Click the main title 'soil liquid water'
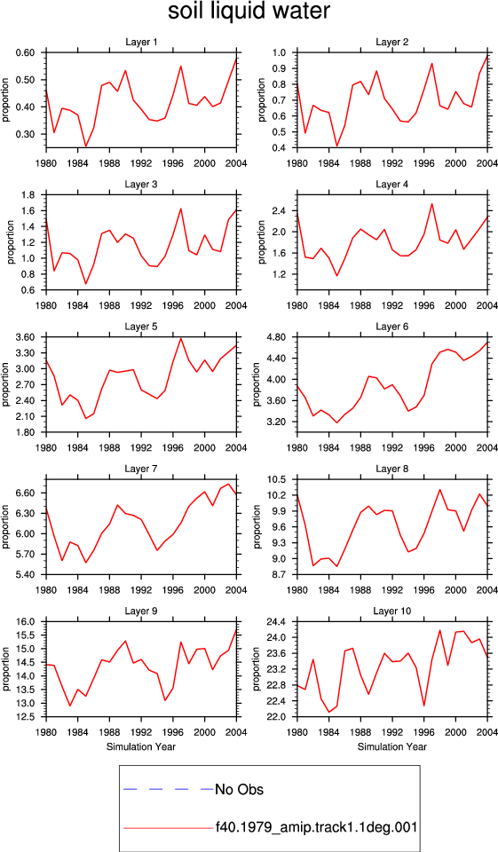pyautogui.click(x=249, y=12)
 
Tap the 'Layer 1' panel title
pyautogui.click(x=141, y=43)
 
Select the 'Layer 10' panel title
pyautogui.click(x=392, y=611)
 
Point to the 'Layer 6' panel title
pyautogui.click(x=392, y=327)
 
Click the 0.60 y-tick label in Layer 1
pyautogui.click(x=25, y=52)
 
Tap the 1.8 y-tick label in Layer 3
pyautogui.click(x=28, y=195)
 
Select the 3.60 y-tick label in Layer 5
pyautogui.click(x=25, y=337)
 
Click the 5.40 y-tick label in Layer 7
pyautogui.click(x=25, y=575)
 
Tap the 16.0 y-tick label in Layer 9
pyautogui.click(x=25, y=622)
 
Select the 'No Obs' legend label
pyautogui.click(x=239, y=789)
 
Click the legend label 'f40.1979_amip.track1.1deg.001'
pyautogui.click(x=316, y=827)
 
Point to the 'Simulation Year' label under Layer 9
pyautogui.click(x=141, y=746)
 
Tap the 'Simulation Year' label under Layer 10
pyautogui.click(x=392, y=746)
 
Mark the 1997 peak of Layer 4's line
pyautogui.click(x=431, y=204)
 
